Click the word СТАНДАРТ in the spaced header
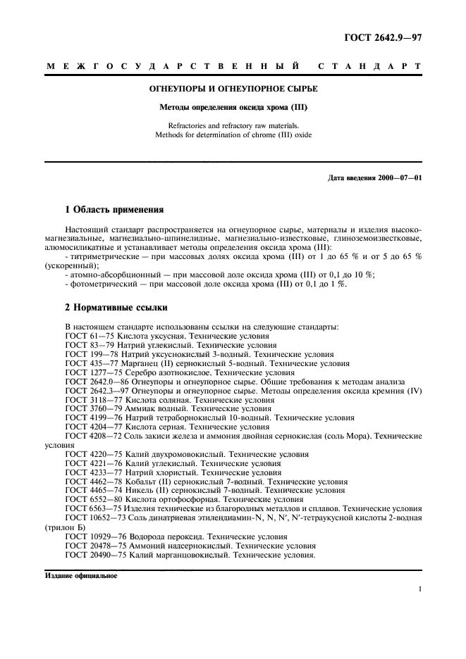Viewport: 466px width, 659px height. pos(370,67)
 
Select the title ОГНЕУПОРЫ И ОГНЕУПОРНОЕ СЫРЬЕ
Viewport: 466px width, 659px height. pos(233,90)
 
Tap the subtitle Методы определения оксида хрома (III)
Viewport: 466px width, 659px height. pos(233,108)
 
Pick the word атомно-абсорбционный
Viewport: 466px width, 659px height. pos(116,275)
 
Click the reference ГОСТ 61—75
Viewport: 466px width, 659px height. pos(89,336)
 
